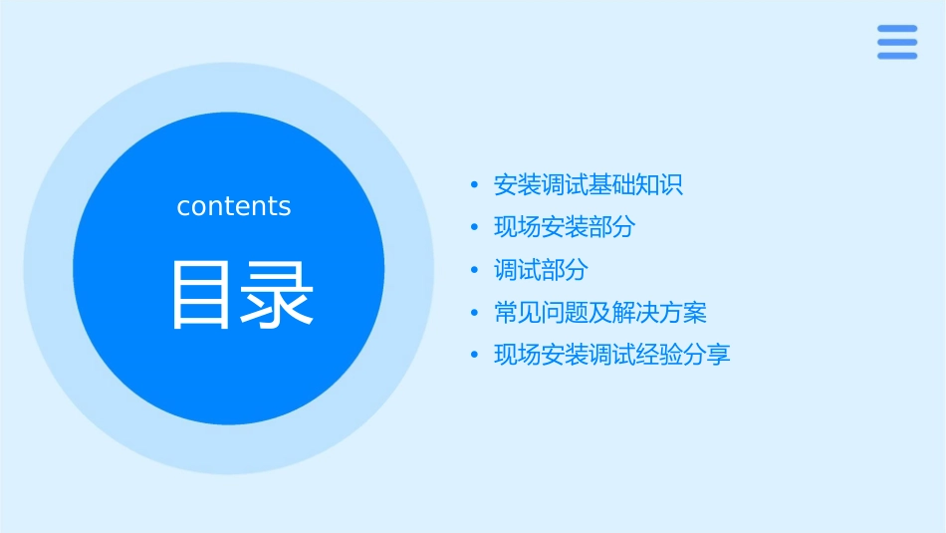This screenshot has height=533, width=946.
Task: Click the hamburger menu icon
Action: (896, 42)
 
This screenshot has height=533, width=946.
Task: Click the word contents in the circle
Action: (234, 206)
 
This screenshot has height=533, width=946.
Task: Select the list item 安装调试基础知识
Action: (588, 185)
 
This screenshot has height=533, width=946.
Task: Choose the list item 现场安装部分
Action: (564, 227)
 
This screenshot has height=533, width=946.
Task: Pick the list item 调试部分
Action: (541, 270)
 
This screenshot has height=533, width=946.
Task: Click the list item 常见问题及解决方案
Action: (599, 313)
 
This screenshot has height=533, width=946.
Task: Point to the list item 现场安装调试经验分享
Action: (611, 355)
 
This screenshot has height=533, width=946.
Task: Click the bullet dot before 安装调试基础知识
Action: (475, 185)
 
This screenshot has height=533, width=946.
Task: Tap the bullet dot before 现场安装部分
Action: (475, 228)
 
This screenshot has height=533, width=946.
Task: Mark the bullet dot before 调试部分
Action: (475, 270)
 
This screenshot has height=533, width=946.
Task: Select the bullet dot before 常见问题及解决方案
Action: (475, 313)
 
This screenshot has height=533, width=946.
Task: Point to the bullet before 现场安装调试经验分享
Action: (475, 355)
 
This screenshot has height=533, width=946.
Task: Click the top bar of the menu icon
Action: (896, 29)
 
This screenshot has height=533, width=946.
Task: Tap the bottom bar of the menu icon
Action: (896, 56)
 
